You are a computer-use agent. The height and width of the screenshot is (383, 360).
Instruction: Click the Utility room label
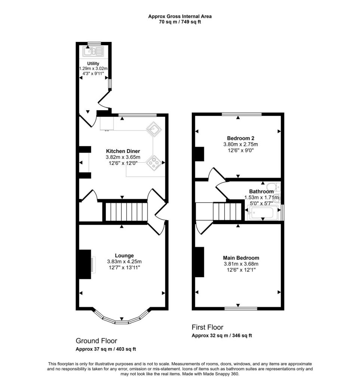93,64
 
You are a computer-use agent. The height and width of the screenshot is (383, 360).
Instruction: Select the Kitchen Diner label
123,151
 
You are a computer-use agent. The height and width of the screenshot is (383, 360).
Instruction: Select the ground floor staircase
125,212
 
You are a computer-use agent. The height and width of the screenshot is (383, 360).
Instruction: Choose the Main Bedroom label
241,258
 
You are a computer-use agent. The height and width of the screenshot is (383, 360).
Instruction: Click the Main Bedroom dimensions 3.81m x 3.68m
241,264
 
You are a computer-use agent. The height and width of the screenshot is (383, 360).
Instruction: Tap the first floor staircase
226,212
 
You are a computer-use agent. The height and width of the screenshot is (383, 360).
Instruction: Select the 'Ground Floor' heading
96,341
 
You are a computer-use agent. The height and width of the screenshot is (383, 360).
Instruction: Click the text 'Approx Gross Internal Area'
180,16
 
